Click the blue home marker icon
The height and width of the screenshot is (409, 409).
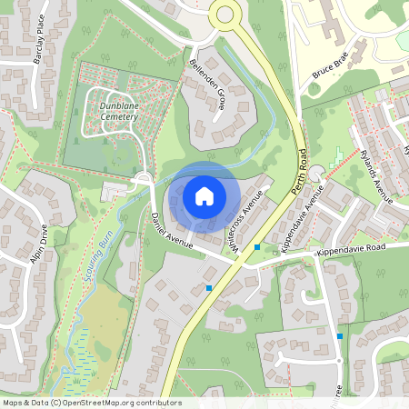click(204, 195)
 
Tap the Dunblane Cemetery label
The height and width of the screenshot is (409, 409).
click(114, 111)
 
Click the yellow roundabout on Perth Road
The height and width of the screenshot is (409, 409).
click(224, 15)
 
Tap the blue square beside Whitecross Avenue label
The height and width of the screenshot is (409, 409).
click(257, 246)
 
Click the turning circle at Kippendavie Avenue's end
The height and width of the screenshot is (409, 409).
click(316, 173)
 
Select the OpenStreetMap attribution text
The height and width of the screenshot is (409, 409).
click(91, 403)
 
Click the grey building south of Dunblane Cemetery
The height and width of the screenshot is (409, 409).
click(116, 192)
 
